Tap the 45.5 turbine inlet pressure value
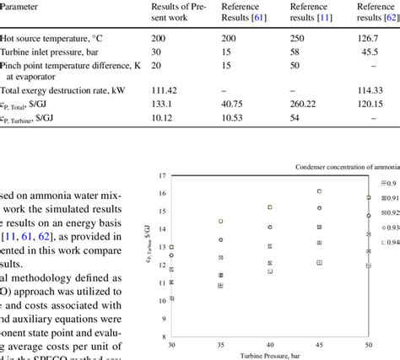[x=372, y=51]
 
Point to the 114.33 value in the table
[x=372, y=89]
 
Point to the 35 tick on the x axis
[x=220, y=344]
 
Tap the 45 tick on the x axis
[x=319, y=344]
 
